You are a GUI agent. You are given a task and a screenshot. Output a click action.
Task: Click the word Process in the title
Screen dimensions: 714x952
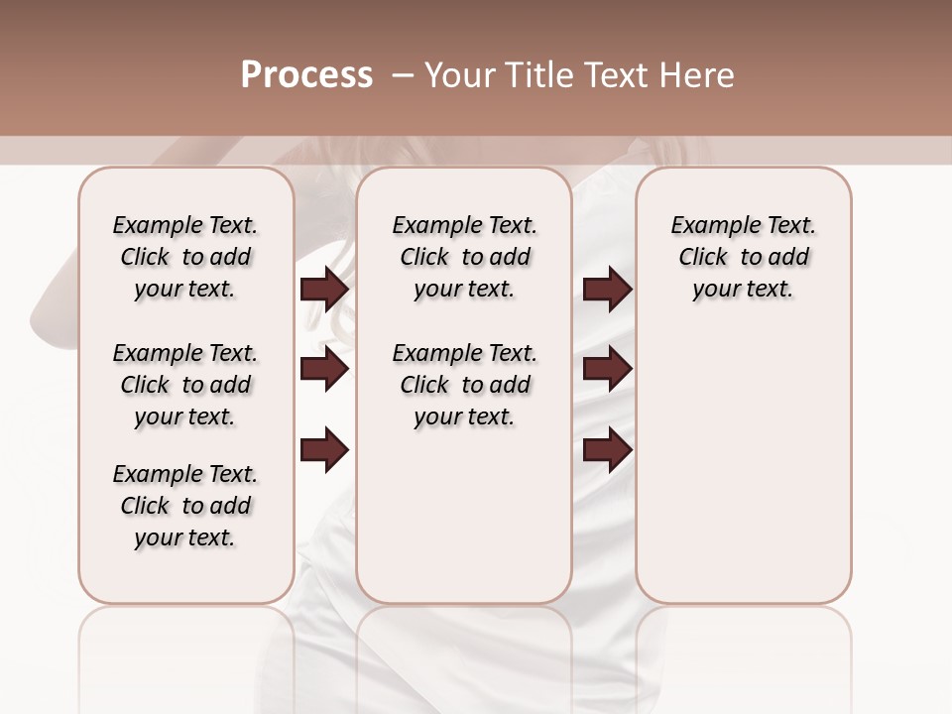click(306, 75)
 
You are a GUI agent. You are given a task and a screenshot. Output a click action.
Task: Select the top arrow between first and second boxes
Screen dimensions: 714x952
click(324, 289)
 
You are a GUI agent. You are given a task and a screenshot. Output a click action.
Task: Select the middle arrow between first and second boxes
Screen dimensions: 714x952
click(324, 370)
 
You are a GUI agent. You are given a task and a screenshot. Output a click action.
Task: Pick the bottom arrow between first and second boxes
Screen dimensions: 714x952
click(324, 450)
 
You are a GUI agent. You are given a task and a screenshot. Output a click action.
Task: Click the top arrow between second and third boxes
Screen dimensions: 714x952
click(607, 289)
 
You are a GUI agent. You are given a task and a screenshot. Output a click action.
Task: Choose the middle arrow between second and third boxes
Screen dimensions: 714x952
click(607, 370)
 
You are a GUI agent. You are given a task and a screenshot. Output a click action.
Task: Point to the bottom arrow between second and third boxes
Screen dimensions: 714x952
click(607, 450)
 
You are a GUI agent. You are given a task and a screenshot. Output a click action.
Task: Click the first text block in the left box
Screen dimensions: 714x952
click(185, 257)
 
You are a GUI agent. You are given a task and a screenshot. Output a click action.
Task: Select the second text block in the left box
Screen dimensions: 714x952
click(185, 385)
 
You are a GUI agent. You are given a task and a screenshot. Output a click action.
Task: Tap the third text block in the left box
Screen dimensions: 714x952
click(185, 506)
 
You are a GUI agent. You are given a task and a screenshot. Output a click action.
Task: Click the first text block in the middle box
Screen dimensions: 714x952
click(464, 257)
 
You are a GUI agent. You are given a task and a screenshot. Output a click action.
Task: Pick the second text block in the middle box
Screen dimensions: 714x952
click(464, 385)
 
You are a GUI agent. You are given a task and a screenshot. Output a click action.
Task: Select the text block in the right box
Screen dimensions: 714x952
click(743, 257)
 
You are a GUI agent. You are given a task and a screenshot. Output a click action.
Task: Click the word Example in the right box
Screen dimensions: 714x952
click(707, 226)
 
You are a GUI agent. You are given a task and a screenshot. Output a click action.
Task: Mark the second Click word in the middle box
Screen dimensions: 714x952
click(424, 385)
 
